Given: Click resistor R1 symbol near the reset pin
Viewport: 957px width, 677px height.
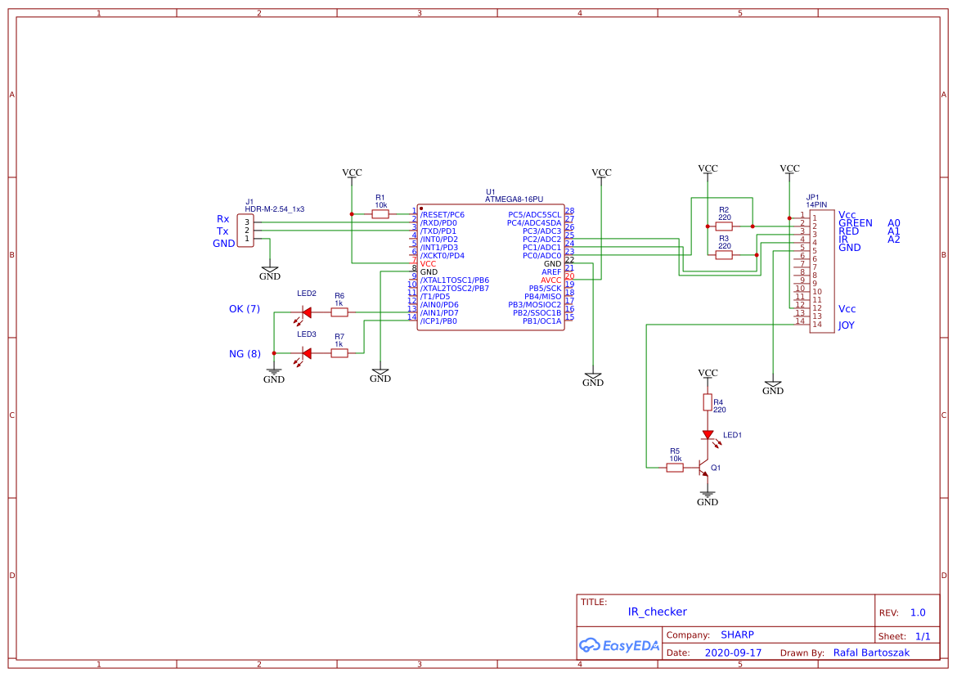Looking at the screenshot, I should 380,214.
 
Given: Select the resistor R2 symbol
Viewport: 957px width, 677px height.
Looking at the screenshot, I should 724,226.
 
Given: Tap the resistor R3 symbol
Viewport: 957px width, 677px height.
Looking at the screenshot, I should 724,255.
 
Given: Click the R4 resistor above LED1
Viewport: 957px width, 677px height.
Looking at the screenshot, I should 708,402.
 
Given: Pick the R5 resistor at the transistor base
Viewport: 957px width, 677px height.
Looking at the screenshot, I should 675,468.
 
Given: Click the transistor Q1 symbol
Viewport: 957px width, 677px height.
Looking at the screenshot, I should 703,469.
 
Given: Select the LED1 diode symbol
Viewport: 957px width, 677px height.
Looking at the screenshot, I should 708,436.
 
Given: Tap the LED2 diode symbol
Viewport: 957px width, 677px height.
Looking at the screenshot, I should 307,312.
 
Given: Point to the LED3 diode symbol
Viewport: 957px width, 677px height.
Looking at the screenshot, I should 307,352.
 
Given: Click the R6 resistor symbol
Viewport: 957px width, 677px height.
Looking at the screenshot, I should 339,312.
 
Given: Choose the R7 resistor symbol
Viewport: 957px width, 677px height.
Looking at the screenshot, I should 339,352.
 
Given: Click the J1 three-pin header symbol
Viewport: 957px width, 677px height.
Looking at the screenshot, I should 245,231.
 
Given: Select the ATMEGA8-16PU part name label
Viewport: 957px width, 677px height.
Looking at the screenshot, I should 514,200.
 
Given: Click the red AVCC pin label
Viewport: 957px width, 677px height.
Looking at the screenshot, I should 550,280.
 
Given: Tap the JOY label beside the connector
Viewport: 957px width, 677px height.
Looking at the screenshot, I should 847,325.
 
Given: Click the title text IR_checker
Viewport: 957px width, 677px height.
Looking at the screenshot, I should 657,612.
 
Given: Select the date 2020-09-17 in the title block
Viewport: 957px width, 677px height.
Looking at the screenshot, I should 733,653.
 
